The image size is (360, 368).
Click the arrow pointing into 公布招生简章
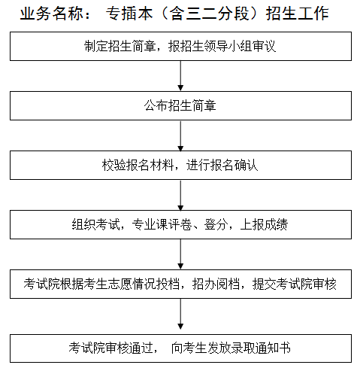click(180, 76)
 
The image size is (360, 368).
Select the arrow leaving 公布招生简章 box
click(180, 135)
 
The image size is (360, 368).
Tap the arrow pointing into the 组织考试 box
click(180, 195)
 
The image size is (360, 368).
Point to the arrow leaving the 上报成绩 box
click(180, 254)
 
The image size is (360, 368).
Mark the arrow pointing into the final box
click(180, 316)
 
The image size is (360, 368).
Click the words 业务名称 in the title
click(52, 14)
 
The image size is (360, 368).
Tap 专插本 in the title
click(129, 14)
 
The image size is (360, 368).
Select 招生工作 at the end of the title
click(298, 14)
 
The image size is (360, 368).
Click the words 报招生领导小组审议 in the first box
click(222, 46)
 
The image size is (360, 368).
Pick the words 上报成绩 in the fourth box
click(264, 224)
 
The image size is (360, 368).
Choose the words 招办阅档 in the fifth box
click(216, 284)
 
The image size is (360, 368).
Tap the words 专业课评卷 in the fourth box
click(162, 224)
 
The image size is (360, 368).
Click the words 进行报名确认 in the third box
click(222, 165)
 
